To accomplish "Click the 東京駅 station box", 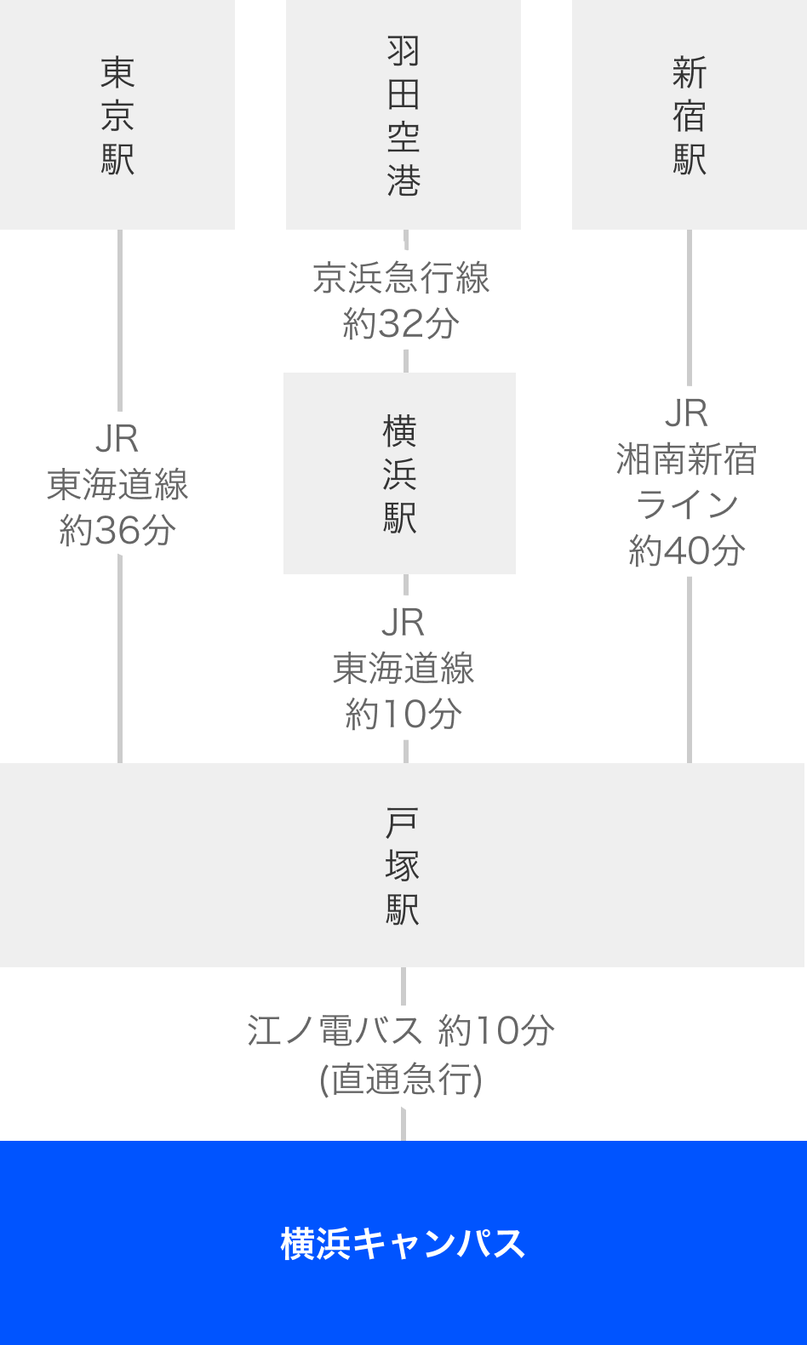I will [x=117, y=115].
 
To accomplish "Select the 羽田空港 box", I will [x=403, y=115].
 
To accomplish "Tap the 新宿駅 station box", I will [x=689, y=115].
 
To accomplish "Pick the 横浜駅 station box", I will [x=399, y=473].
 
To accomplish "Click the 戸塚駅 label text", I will [x=402, y=866].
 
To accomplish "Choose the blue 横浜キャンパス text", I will [x=403, y=1243].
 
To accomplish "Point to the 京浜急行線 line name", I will [x=401, y=278].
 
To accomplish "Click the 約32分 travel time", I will [x=401, y=324].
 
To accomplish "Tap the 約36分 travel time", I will [x=117, y=531].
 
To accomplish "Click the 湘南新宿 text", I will [x=686, y=459].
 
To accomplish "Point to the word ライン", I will [x=686, y=505].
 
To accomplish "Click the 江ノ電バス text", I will [x=335, y=1031].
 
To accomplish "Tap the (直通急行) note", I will [x=401, y=1080].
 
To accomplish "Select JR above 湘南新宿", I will [x=686, y=413].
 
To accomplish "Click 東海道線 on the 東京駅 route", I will [x=117, y=485].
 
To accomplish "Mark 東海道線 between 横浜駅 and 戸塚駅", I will [x=403, y=669].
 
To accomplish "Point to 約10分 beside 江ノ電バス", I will [x=496, y=1031].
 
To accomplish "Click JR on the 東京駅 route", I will [x=117, y=439].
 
